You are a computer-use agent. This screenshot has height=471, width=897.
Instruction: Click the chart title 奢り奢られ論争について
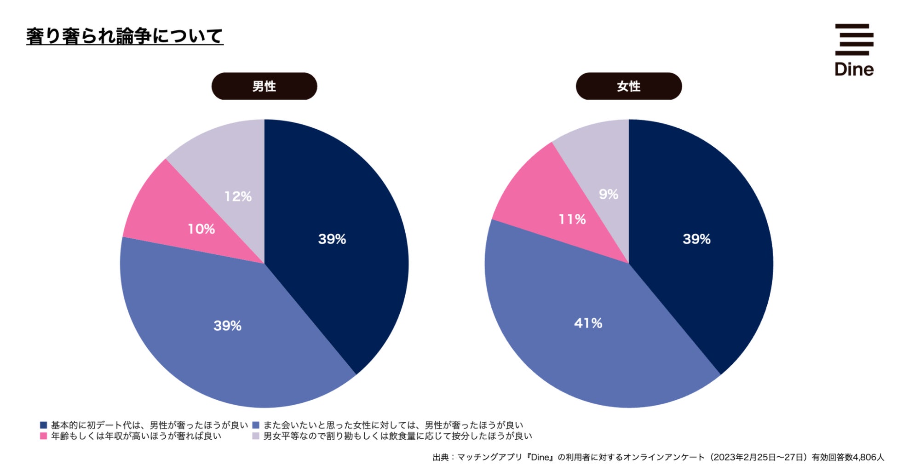click(x=125, y=36)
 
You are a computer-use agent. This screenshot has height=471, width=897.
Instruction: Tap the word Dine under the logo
click(x=854, y=69)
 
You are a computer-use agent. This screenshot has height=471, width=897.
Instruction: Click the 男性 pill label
click(x=264, y=86)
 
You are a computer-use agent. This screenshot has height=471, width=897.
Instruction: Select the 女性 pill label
click(x=628, y=86)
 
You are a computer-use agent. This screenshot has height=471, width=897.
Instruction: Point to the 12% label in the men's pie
click(x=238, y=197)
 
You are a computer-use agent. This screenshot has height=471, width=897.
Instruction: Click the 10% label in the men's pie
click(x=201, y=229)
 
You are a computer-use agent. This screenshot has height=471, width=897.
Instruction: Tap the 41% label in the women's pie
click(x=588, y=323)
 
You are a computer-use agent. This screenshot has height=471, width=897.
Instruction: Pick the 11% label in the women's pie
click(x=572, y=219)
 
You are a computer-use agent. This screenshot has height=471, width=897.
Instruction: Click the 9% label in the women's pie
click(x=608, y=194)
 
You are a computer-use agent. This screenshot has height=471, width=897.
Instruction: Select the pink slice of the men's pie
click(x=170, y=216)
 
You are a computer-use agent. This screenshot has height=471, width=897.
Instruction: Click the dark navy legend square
click(x=44, y=425)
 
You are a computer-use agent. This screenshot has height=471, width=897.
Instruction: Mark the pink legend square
click(x=44, y=436)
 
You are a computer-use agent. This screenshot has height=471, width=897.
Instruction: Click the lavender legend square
click(x=256, y=436)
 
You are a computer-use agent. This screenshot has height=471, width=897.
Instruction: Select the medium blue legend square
click(x=256, y=425)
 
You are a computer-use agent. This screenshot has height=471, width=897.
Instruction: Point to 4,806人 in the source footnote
click(x=868, y=457)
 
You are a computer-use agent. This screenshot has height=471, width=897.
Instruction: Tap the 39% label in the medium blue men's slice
click(x=227, y=326)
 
